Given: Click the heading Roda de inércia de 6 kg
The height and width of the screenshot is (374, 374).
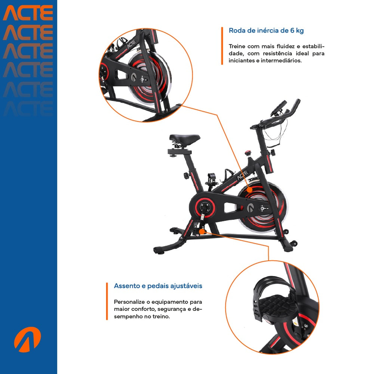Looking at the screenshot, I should (x=266, y=31).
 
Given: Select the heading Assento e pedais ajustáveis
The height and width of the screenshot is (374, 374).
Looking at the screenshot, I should (x=158, y=286).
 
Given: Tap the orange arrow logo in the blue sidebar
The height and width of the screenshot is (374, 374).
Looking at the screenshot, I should (x=27, y=339).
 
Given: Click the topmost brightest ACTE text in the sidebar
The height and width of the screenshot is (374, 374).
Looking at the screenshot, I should (x=28, y=13).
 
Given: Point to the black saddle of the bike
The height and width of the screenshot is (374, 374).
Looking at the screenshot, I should (x=184, y=139).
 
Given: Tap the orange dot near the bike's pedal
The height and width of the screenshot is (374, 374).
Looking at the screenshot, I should (x=202, y=232).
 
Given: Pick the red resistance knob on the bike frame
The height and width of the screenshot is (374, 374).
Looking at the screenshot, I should (x=247, y=153).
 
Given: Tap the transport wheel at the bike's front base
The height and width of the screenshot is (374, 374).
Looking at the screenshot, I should (x=293, y=243).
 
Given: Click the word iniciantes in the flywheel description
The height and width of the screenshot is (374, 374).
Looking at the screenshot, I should (x=242, y=60).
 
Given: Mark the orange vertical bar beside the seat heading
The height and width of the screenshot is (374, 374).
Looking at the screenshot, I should (x=107, y=301).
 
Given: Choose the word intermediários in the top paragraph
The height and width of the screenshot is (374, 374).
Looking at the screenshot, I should (x=282, y=60).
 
